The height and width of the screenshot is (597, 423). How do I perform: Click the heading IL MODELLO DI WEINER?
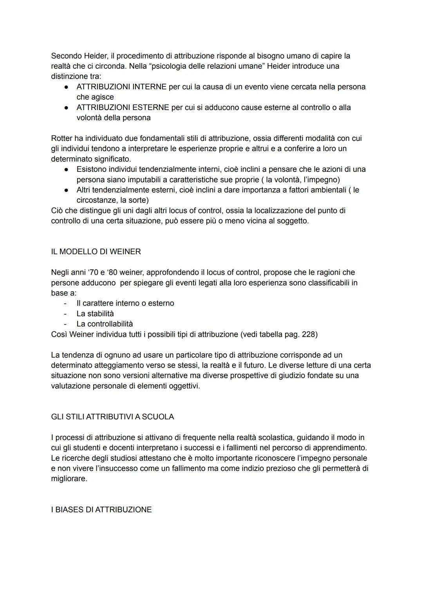(x=96, y=252)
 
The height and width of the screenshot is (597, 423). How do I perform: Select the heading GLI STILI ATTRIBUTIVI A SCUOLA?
(x=112, y=417)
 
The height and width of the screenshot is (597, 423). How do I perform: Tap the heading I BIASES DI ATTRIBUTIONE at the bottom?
(x=101, y=510)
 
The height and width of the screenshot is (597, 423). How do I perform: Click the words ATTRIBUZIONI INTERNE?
(x=121, y=87)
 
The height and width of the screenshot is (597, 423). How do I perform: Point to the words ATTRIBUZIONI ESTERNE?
(x=123, y=108)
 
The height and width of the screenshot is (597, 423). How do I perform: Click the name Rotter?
(x=61, y=139)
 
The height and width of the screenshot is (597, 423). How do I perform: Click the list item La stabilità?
(x=95, y=314)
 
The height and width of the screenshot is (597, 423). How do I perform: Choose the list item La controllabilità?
(x=105, y=324)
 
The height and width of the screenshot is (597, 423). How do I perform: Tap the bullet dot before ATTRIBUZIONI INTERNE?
(x=67, y=87)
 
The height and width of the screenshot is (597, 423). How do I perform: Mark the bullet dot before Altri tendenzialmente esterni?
(x=67, y=190)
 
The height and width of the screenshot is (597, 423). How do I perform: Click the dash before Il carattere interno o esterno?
(x=65, y=303)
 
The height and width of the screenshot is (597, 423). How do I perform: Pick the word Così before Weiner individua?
(x=60, y=334)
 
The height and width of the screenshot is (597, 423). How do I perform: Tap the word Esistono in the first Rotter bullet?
(x=91, y=170)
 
